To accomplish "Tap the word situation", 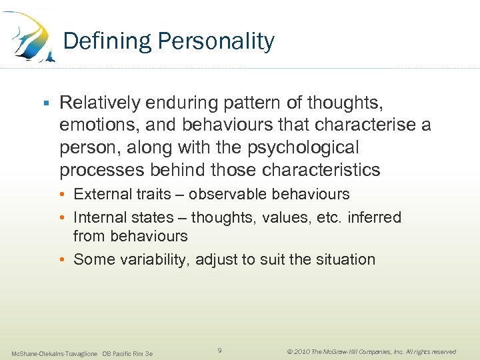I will tap(344, 259).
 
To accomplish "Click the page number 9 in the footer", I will tap(220, 351).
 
